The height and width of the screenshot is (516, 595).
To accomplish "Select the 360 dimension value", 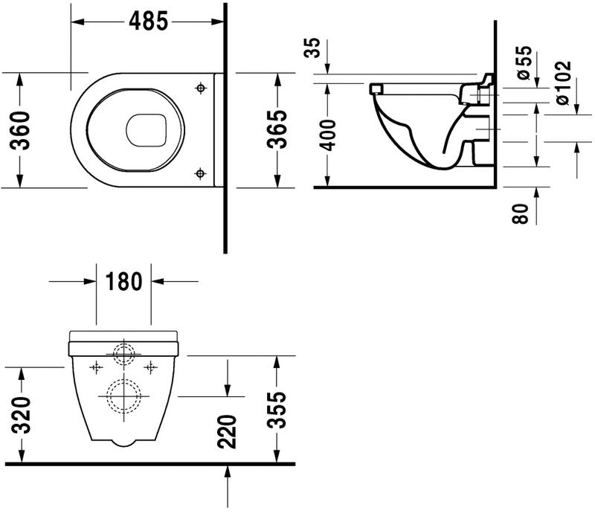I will [22, 130].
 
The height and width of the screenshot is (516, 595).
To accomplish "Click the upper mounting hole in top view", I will [199, 88].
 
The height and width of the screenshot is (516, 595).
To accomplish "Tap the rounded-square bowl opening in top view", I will [146, 131].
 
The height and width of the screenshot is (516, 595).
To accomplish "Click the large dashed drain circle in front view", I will [122, 395].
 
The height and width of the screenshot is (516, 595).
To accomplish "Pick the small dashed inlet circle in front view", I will [122, 352].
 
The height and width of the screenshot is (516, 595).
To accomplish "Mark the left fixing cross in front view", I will [95, 367].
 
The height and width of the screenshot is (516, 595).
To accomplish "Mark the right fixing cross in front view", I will [150, 367].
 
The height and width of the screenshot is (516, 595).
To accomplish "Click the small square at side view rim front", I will [376, 89].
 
